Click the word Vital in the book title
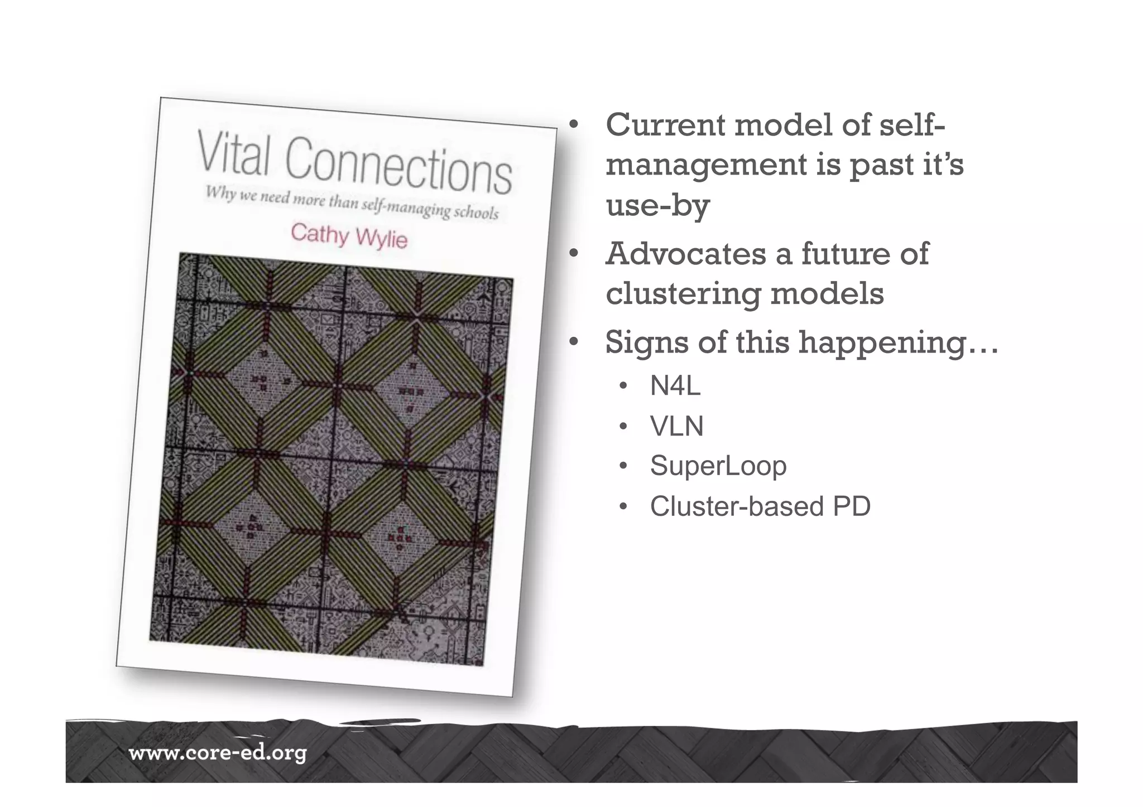pyautogui.click(x=234, y=153)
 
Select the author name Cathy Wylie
pyautogui.click(x=349, y=235)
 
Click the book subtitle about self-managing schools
pyautogui.click(x=352, y=203)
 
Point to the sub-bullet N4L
pyautogui.click(x=675, y=386)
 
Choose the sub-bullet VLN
pyautogui.click(x=676, y=427)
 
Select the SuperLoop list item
pyautogui.click(x=718, y=466)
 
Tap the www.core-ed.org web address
pyautogui.click(x=218, y=754)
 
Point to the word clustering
pyautogui.click(x=683, y=294)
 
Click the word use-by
pyautogui.click(x=657, y=205)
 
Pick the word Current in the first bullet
pyautogui.click(x=665, y=125)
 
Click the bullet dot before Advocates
pyautogui.click(x=573, y=254)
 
